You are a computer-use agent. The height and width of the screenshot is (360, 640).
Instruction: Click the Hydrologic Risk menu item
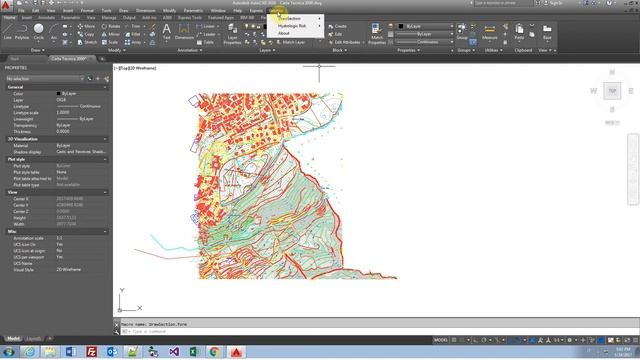[291, 26]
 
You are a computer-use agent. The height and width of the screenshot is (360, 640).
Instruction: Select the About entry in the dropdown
[284, 33]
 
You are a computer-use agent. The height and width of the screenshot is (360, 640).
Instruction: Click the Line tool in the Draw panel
[8, 31]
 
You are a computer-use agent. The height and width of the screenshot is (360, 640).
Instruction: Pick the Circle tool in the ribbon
[39, 31]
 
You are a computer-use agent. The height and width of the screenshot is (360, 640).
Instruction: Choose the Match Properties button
[376, 33]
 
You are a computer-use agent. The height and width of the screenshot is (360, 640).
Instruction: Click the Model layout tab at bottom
[14, 338]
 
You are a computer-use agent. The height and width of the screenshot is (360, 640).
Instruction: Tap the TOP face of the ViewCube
[613, 91]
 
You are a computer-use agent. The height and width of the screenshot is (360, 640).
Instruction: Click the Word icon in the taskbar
[70, 352]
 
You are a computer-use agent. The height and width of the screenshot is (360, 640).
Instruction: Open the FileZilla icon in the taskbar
[91, 352]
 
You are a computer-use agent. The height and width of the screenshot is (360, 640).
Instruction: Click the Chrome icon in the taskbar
[214, 352]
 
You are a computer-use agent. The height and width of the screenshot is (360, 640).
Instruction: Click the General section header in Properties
[16, 88]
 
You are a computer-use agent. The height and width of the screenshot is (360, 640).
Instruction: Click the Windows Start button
[7, 352]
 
